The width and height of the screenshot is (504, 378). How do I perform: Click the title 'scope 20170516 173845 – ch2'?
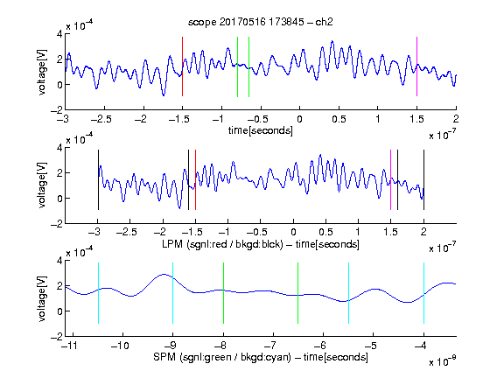(260, 22)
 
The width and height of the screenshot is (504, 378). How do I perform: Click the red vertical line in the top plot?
(182, 66)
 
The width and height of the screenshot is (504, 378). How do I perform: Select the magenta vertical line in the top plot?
(416, 66)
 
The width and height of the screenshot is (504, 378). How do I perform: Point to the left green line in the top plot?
(237, 66)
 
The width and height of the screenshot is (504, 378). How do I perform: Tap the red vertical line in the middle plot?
(195, 179)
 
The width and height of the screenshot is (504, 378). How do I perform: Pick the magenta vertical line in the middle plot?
(390, 179)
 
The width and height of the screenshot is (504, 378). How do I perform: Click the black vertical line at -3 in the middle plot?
(98, 179)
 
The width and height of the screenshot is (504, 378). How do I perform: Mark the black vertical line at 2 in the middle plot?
(423, 179)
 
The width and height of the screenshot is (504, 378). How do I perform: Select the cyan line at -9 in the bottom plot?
(173, 293)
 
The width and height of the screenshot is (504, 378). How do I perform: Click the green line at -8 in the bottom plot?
(223, 293)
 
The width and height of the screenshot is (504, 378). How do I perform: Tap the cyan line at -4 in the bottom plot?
(423, 293)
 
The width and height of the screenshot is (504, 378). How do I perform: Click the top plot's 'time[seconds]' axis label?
(261, 130)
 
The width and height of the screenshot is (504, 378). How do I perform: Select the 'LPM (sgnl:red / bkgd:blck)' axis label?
(222, 244)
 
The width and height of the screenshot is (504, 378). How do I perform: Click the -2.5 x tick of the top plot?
(101, 119)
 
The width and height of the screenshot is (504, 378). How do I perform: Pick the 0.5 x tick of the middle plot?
(325, 232)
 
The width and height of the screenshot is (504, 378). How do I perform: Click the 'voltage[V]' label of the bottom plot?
(42, 298)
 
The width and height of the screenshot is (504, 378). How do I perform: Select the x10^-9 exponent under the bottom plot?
(442, 361)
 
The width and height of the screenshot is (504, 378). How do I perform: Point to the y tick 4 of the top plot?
(59, 34)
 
